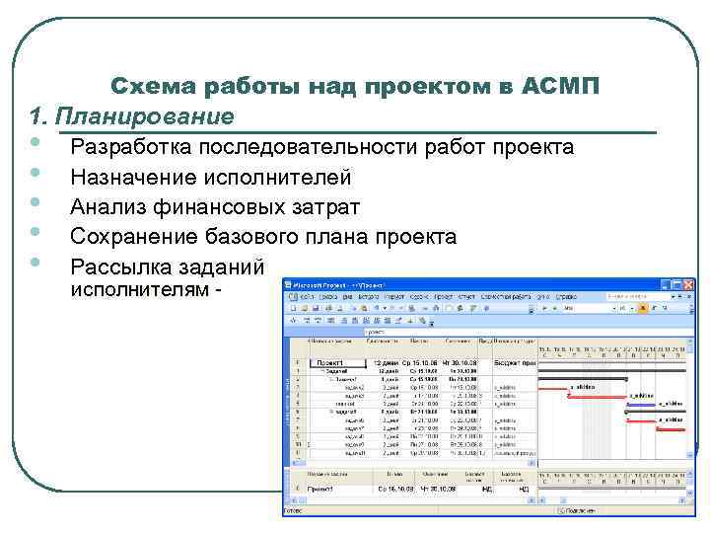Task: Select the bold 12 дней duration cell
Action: pyautogui.click(x=383, y=363)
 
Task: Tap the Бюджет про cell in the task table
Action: pyautogui.click(x=514, y=363)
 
